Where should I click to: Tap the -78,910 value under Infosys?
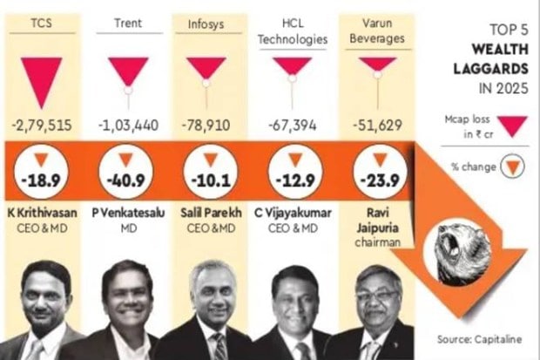coord(207,126)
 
